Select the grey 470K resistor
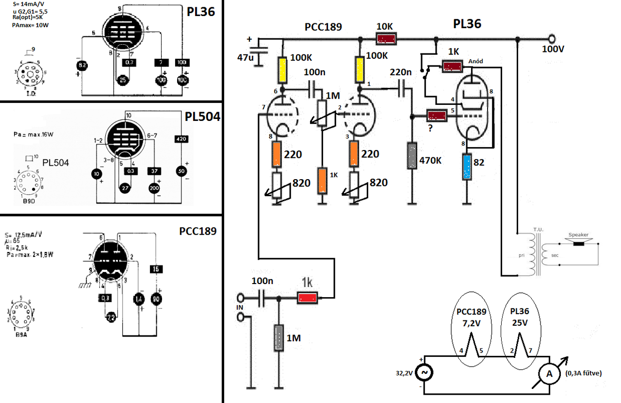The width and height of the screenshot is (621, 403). pyautogui.click(x=411, y=155)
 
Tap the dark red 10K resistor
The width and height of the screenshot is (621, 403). pyautogui.click(x=388, y=38)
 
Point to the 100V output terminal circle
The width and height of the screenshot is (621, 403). pyautogui.click(x=552, y=39)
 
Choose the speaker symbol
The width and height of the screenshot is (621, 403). pyautogui.click(x=579, y=241)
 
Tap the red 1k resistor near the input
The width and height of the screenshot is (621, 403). pyautogui.click(x=308, y=298)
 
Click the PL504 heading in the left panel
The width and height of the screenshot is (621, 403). pyautogui.click(x=202, y=117)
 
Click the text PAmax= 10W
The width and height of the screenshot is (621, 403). pyautogui.click(x=30, y=24)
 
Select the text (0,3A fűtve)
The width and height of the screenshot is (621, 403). pyautogui.click(x=583, y=373)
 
